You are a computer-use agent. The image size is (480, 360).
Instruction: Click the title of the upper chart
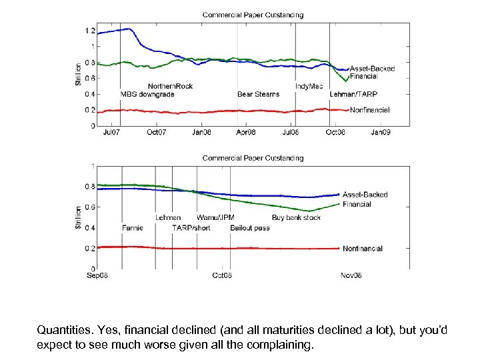(253, 15)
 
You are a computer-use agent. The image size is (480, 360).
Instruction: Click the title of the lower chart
(253, 158)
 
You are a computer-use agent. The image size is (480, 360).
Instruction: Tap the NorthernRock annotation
(170, 86)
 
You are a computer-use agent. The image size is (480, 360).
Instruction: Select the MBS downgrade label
(147, 95)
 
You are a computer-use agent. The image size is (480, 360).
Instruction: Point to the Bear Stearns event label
(258, 95)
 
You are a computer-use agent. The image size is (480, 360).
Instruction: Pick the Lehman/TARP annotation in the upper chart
(353, 95)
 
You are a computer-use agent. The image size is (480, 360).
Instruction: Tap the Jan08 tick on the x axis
(201, 133)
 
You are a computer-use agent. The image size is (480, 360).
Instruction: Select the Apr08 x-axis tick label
(246, 133)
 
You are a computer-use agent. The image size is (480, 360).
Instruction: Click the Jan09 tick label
(380, 133)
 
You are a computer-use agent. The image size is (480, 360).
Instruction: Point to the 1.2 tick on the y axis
(89, 31)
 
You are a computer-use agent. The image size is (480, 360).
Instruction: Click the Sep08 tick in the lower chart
(98, 275)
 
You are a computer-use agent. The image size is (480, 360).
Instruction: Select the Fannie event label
(133, 228)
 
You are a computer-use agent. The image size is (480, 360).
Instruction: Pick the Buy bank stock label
(296, 218)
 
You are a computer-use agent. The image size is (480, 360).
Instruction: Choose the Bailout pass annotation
(250, 228)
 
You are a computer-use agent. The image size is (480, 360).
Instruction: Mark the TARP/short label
(191, 228)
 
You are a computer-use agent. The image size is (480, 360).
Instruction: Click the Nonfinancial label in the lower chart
(363, 249)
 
